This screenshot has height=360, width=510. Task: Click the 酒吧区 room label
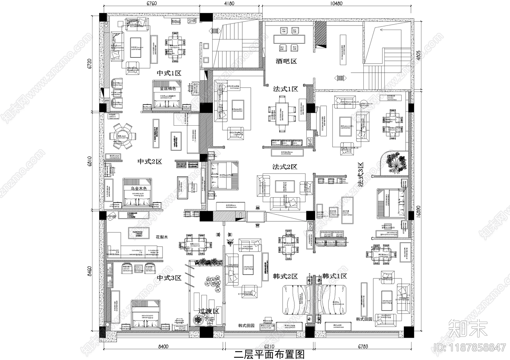[286, 61]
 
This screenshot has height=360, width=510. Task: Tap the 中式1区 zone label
[169, 73]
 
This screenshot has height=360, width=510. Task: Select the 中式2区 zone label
[150, 161]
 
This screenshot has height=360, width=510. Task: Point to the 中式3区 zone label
[169, 278]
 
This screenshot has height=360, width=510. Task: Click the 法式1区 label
[285, 89]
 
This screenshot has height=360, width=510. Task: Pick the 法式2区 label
[285, 167]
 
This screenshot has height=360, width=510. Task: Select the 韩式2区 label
[285, 276]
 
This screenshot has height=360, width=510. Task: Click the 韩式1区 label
[334, 276]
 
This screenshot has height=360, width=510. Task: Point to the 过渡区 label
[209, 311]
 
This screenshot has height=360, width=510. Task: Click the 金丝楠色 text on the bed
[168, 89]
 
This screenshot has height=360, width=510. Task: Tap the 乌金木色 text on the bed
[139, 188]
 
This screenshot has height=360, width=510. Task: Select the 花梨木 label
[162, 237]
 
